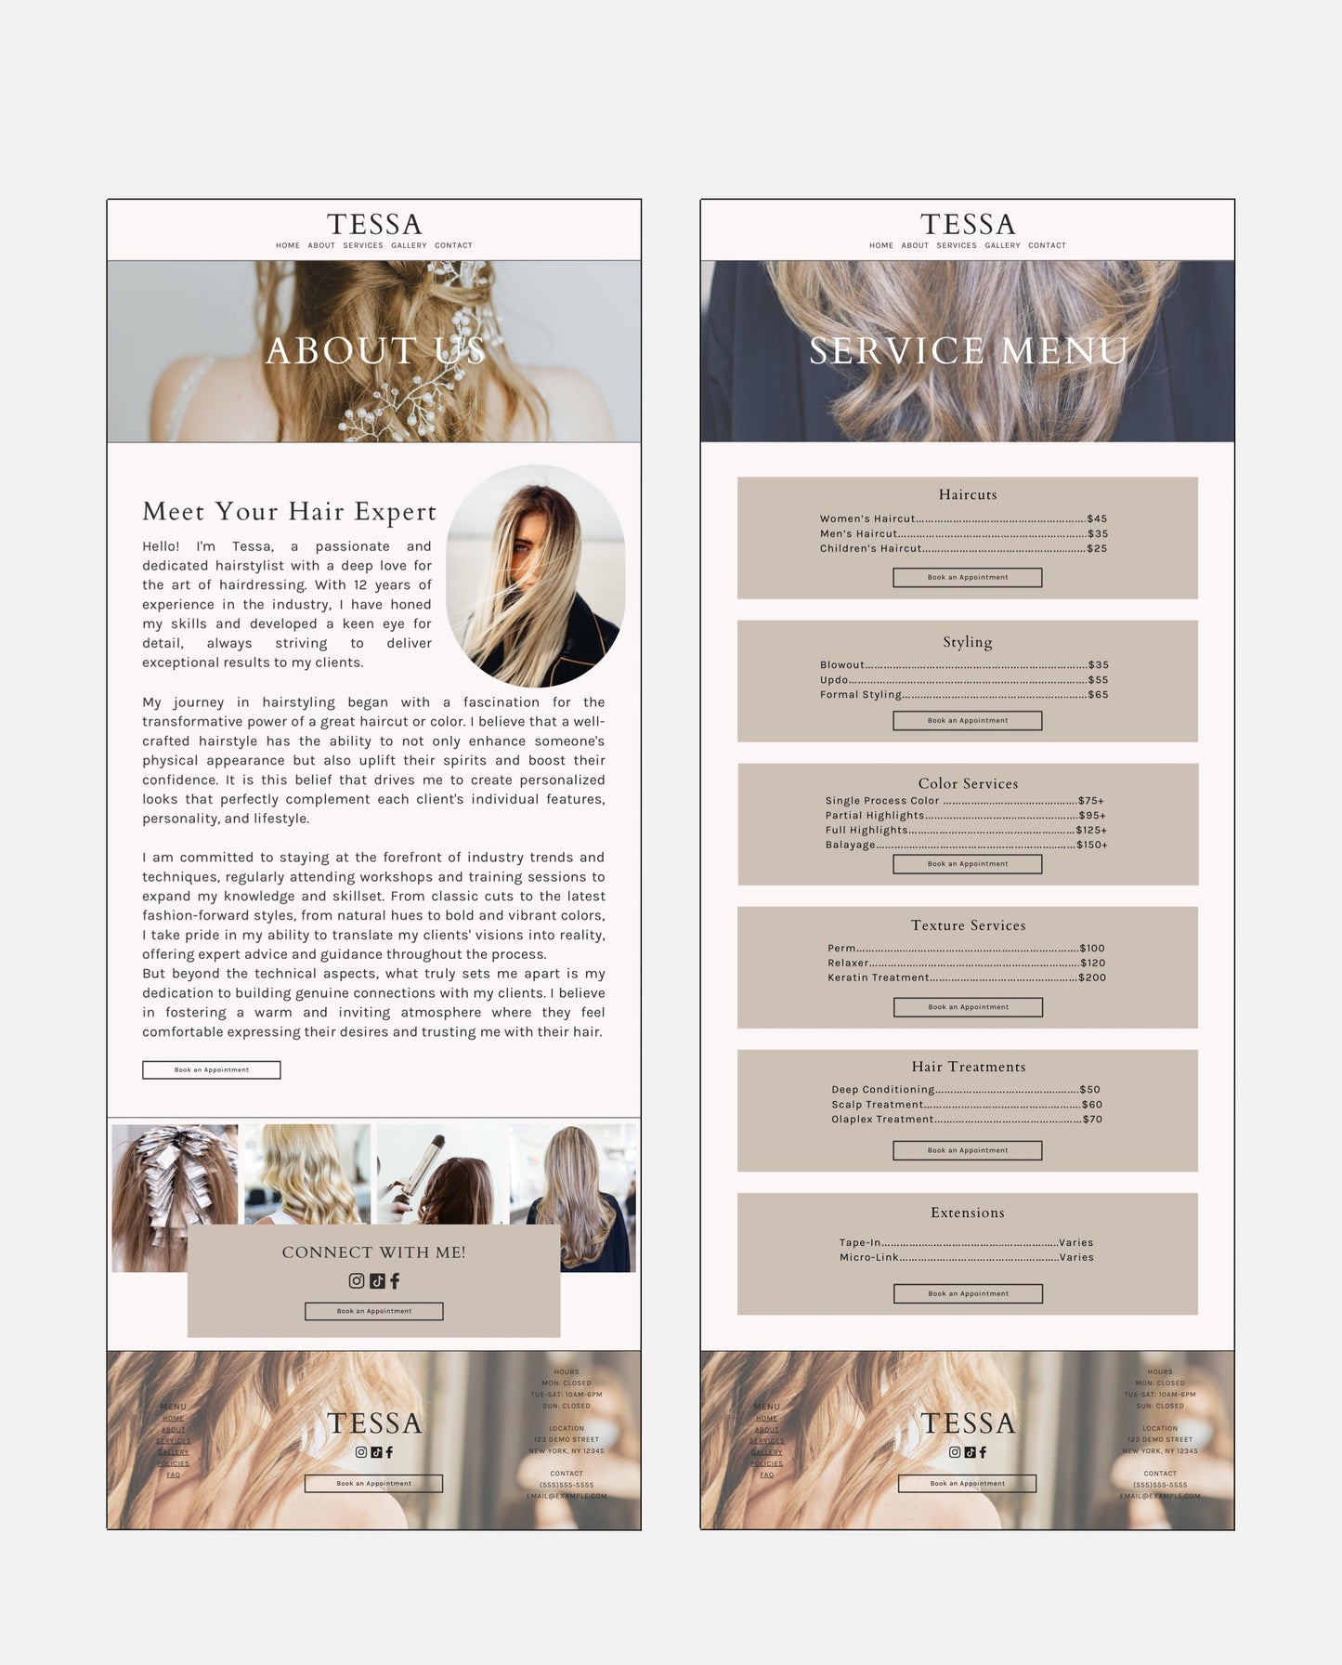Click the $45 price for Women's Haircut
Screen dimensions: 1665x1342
click(1097, 518)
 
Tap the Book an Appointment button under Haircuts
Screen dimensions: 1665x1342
click(967, 577)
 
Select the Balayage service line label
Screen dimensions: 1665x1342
click(850, 845)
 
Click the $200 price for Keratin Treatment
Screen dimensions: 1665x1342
click(1091, 977)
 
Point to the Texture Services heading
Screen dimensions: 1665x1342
click(968, 925)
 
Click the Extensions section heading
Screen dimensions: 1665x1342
click(967, 1213)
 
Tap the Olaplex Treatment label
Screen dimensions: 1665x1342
click(881, 1119)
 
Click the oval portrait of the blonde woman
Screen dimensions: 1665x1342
click(536, 576)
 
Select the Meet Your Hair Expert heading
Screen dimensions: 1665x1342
click(289, 511)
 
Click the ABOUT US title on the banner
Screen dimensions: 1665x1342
click(374, 351)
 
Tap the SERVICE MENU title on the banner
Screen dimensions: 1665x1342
click(968, 351)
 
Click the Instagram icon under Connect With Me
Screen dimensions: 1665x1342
click(357, 1280)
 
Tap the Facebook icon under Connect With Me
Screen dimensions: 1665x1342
click(395, 1280)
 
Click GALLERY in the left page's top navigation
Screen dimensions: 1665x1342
click(409, 245)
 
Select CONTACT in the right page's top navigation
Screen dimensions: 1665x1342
click(1047, 245)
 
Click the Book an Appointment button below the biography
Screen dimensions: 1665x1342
click(211, 1069)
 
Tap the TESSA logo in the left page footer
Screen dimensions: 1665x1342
click(373, 1422)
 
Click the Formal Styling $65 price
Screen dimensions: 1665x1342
click(1098, 694)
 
